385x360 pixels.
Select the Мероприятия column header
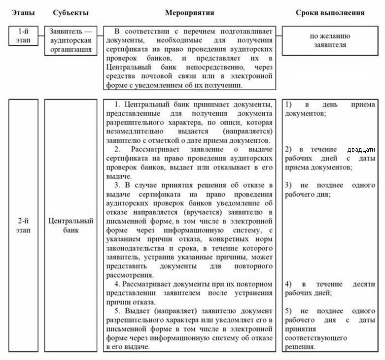coord(189,12)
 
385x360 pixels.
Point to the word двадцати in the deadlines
coord(361,150)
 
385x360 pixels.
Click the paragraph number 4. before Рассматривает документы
coord(117,284)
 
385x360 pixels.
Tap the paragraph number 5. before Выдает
coord(117,311)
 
